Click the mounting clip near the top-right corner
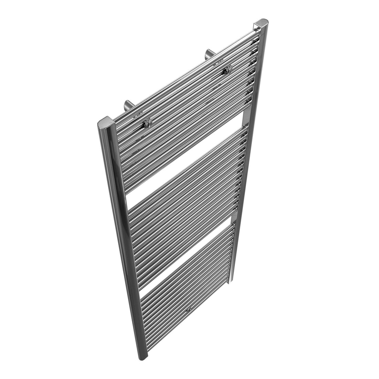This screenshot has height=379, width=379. (x=226, y=71)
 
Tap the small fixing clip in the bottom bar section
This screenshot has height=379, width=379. (x=188, y=310)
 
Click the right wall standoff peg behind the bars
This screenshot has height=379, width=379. (x=209, y=54)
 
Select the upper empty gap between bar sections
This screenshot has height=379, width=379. (x=186, y=162)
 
